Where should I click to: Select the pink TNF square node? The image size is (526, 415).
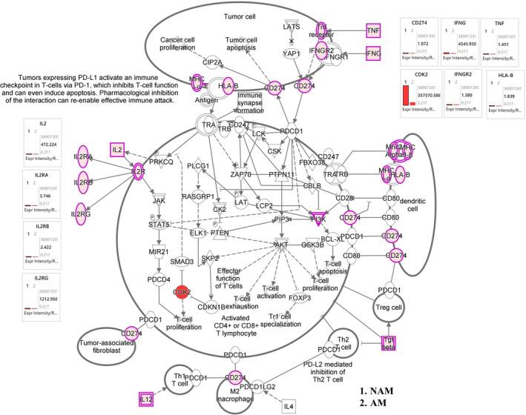pyautogui.click(x=375, y=30)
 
